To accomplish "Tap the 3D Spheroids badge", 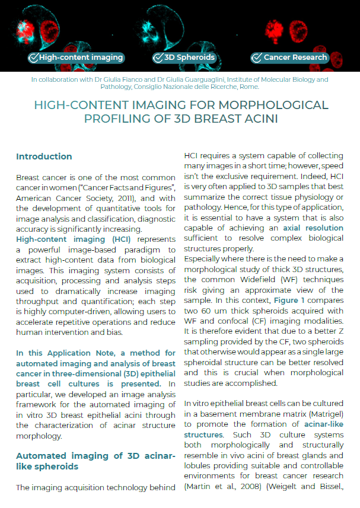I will tap(184, 57).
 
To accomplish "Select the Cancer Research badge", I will tap(290, 57).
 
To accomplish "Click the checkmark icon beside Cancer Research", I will tap(257, 57).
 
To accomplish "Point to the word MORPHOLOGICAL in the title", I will tap(262, 106).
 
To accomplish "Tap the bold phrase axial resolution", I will tap(313, 228).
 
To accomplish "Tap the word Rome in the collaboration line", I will tap(247, 87).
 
